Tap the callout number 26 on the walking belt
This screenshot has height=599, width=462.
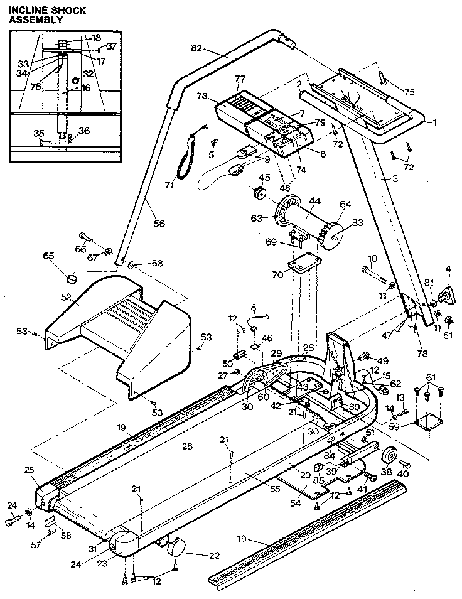click(x=186, y=446)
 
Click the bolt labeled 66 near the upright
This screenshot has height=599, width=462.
click(x=87, y=240)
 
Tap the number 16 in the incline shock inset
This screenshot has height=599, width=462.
click(x=85, y=88)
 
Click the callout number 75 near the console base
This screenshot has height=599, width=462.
click(x=409, y=92)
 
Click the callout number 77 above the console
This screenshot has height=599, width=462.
click(x=239, y=79)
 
